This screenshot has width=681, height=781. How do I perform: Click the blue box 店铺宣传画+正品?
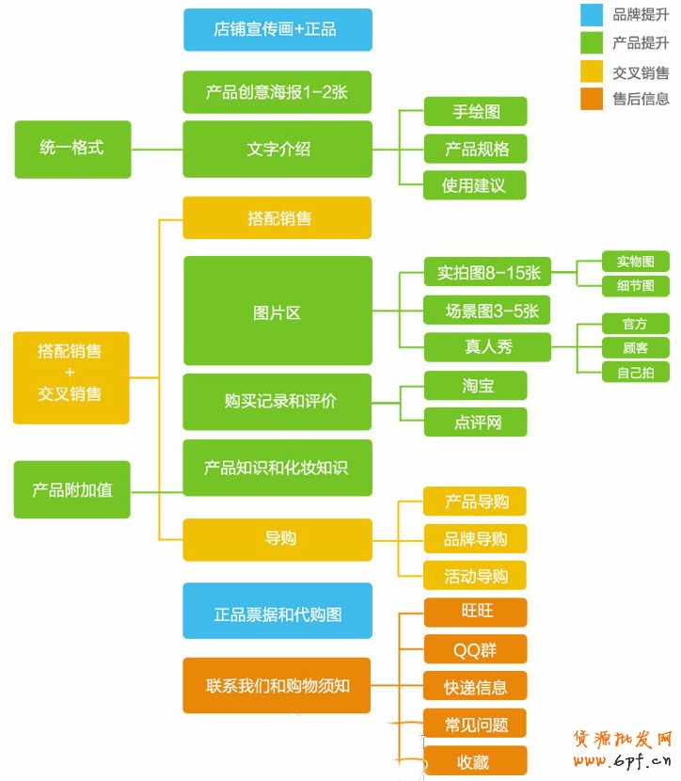(277, 29)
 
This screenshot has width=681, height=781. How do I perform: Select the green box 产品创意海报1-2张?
(277, 92)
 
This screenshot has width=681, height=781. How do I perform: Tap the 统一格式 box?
(72, 149)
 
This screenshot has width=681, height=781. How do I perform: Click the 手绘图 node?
(475, 112)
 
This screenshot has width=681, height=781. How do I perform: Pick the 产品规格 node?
(475, 149)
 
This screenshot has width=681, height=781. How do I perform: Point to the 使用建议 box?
(475, 185)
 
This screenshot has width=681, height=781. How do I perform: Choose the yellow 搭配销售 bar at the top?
(277, 218)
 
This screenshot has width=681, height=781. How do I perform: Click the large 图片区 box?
(277, 311)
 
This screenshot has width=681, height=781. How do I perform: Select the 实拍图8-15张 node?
(487, 273)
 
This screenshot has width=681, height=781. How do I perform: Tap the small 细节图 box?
(636, 285)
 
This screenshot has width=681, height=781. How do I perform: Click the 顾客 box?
(636, 347)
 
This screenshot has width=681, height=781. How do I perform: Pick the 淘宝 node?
(475, 385)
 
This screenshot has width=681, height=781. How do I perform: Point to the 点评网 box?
(475, 422)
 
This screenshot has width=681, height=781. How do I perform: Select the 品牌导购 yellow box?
(475, 538)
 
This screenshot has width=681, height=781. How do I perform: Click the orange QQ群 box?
(475, 649)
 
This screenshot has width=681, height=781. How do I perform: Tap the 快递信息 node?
(475, 686)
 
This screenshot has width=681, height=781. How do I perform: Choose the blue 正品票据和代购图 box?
(277, 614)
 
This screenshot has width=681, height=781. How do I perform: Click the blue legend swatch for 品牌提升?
(592, 14)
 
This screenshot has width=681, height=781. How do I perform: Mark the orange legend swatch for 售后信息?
(592, 99)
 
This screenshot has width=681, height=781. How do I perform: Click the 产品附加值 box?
(72, 489)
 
